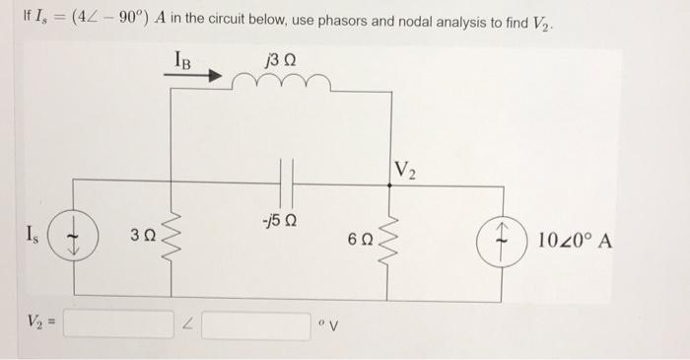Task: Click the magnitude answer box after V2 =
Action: coord(131,324)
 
